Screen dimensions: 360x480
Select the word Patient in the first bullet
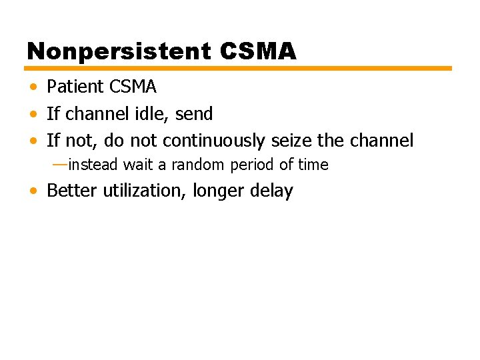click(75, 87)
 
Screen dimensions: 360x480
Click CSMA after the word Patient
click(133, 87)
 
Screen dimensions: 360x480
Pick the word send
click(195, 114)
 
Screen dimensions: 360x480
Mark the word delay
click(272, 191)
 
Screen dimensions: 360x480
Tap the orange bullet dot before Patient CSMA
click(33, 87)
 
